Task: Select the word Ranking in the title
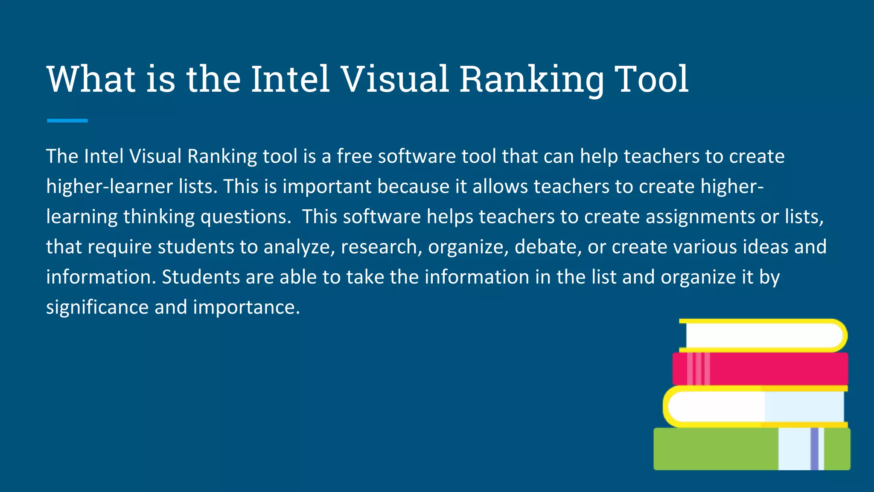click(x=532, y=80)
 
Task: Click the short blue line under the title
click(x=67, y=121)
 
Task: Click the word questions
click(x=246, y=217)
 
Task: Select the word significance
click(x=97, y=307)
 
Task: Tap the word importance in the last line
click(x=246, y=307)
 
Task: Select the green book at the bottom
click(x=717, y=449)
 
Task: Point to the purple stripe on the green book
click(x=814, y=449)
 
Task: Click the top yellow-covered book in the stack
click(x=764, y=335)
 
